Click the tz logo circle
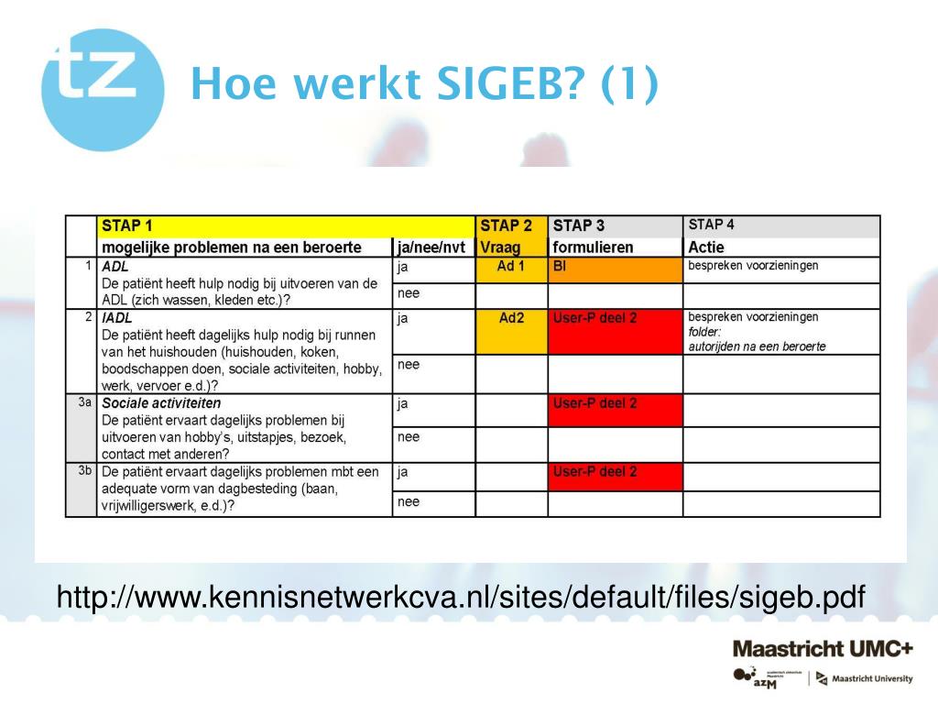[103, 89]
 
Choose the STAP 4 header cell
[781, 225]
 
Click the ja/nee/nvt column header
[432, 247]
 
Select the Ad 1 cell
[511, 267]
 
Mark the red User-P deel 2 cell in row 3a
[615, 410]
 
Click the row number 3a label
[84, 401]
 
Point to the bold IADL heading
[117, 318]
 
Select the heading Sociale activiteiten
[161, 402]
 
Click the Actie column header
[706, 247]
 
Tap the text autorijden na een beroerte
[757, 346]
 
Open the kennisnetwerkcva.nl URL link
[461, 598]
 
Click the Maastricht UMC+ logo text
[822, 649]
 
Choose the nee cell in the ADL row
[432, 295]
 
